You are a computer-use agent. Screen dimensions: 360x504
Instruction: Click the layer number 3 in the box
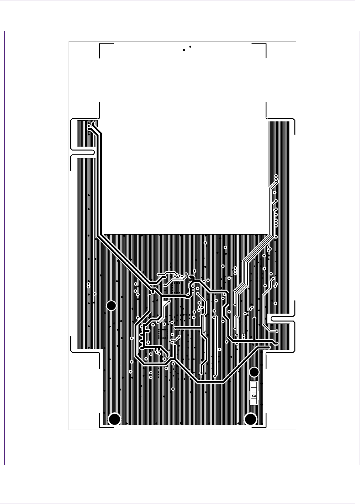(254, 396)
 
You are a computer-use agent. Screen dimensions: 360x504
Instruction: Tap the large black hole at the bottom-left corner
(114, 419)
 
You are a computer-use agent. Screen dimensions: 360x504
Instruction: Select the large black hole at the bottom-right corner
(251, 419)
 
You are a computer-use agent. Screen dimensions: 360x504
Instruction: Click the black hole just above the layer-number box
(254, 371)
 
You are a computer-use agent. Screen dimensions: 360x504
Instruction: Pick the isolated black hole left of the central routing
(112, 306)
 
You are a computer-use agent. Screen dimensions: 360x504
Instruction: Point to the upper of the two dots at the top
(190, 47)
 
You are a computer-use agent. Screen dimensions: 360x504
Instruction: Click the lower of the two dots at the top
(184, 50)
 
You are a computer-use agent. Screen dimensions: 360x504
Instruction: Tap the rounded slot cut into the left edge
(83, 152)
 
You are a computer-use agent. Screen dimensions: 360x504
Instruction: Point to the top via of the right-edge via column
(276, 176)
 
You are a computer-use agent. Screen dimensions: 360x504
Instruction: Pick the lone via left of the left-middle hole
(95, 294)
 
